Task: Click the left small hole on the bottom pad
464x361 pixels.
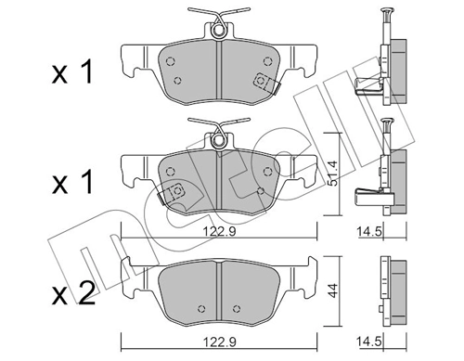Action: coord(198,307)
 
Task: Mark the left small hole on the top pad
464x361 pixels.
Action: coord(171,58)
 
